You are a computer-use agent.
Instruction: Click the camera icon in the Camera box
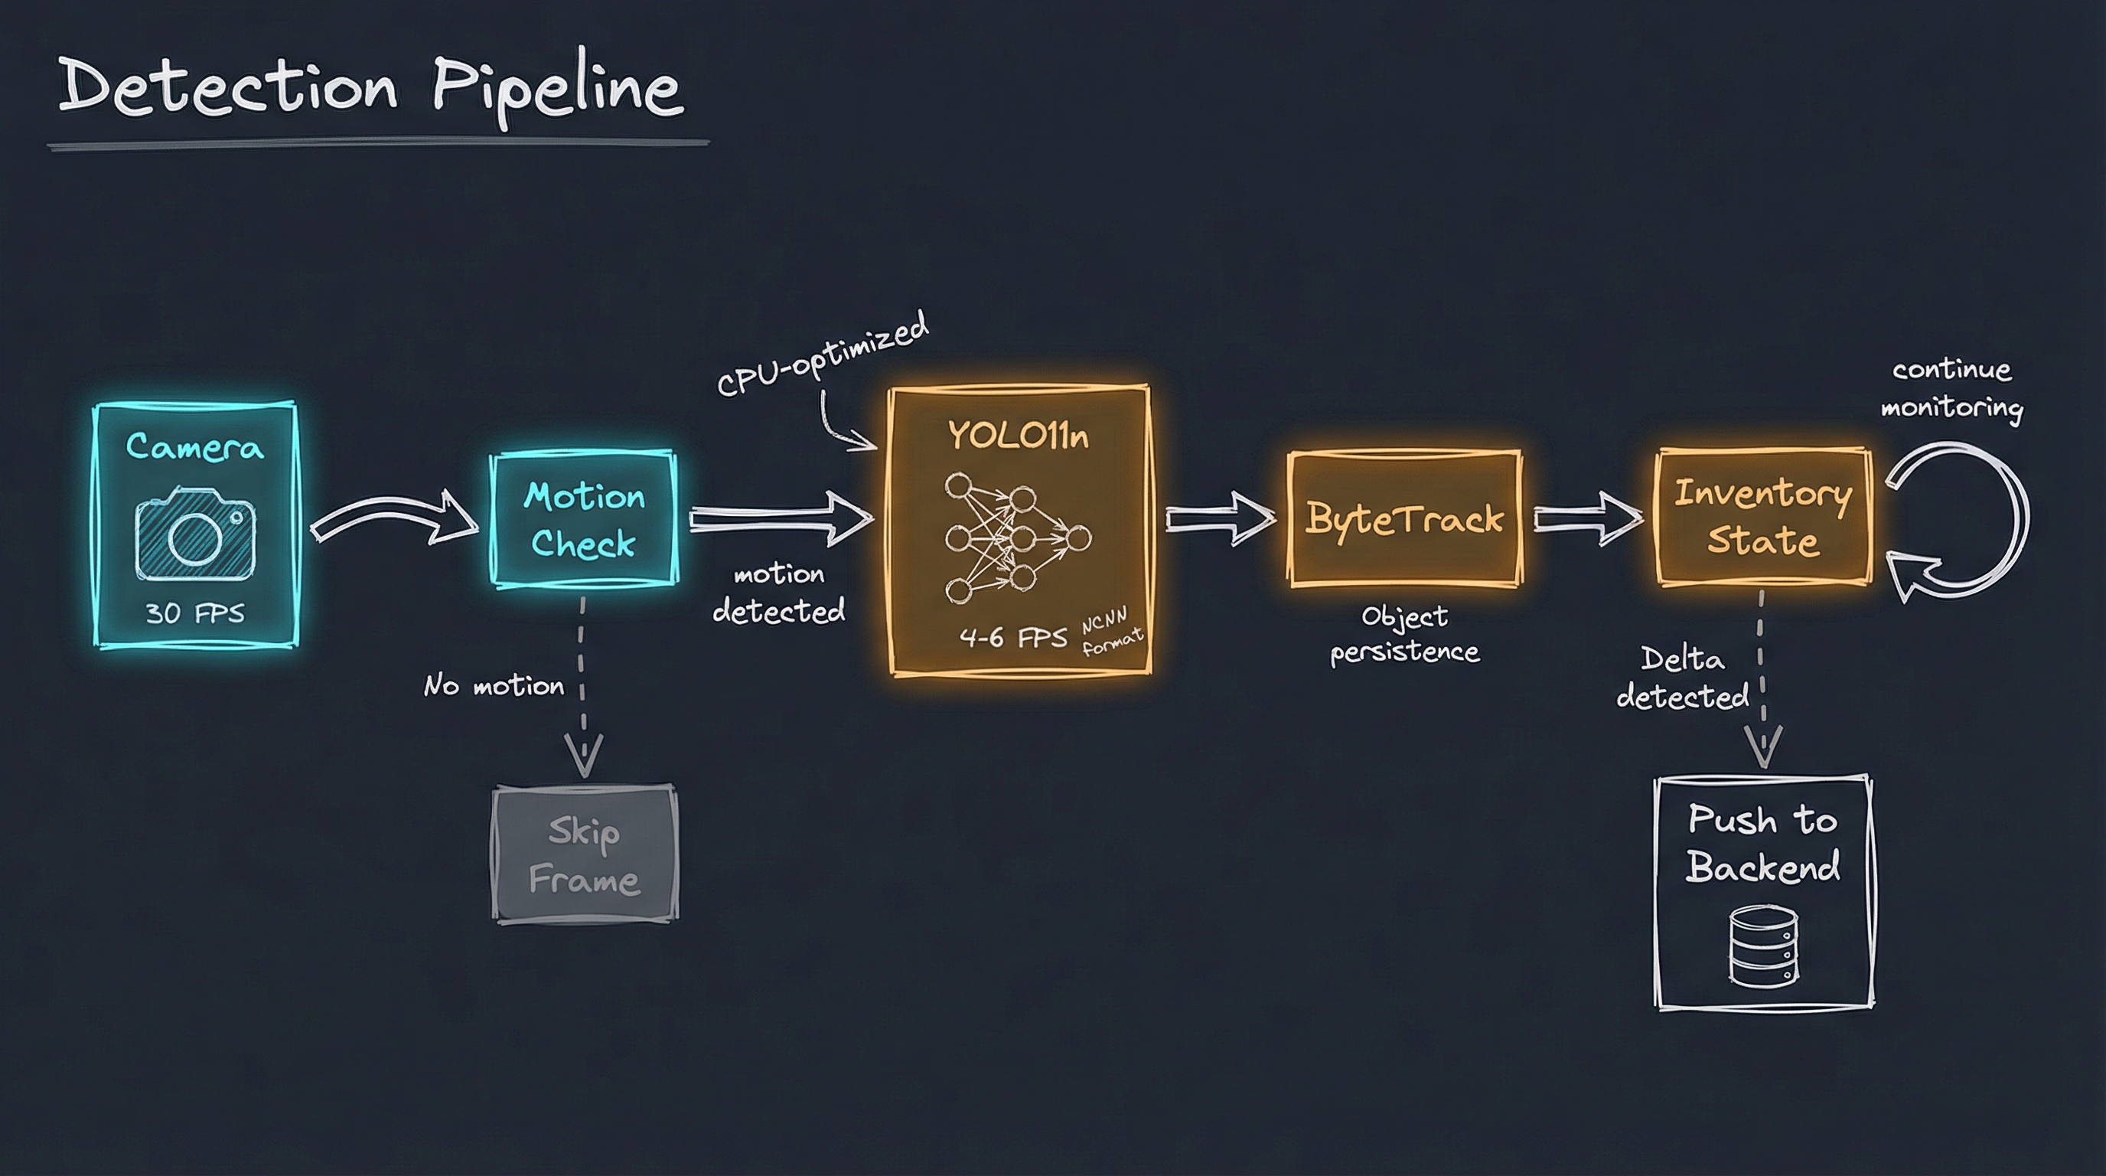pyautogui.click(x=195, y=534)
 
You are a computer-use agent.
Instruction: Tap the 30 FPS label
pyautogui.click(x=195, y=612)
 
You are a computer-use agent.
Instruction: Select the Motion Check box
pyautogui.click(x=584, y=518)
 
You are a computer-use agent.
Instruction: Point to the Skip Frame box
pyautogui.click(x=585, y=854)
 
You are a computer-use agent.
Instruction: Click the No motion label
pyautogui.click(x=494, y=685)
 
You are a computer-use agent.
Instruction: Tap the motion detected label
pyautogui.click(x=778, y=593)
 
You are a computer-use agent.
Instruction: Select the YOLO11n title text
pyautogui.click(x=1019, y=436)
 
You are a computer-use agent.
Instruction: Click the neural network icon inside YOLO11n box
pyautogui.click(x=1017, y=537)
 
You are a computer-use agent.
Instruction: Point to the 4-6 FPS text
pyautogui.click(x=1014, y=637)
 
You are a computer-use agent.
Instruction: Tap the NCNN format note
pyautogui.click(x=1111, y=632)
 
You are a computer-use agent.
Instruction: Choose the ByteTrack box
pyautogui.click(x=1404, y=518)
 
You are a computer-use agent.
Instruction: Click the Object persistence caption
pyautogui.click(x=1404, y=634)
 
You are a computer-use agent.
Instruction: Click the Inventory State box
pyautogui.click(x=1763, y=517)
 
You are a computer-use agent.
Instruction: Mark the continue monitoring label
pyautogui.click(x=1952, y=388)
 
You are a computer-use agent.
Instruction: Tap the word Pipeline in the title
pyautogui.click(x=556, y=88)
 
